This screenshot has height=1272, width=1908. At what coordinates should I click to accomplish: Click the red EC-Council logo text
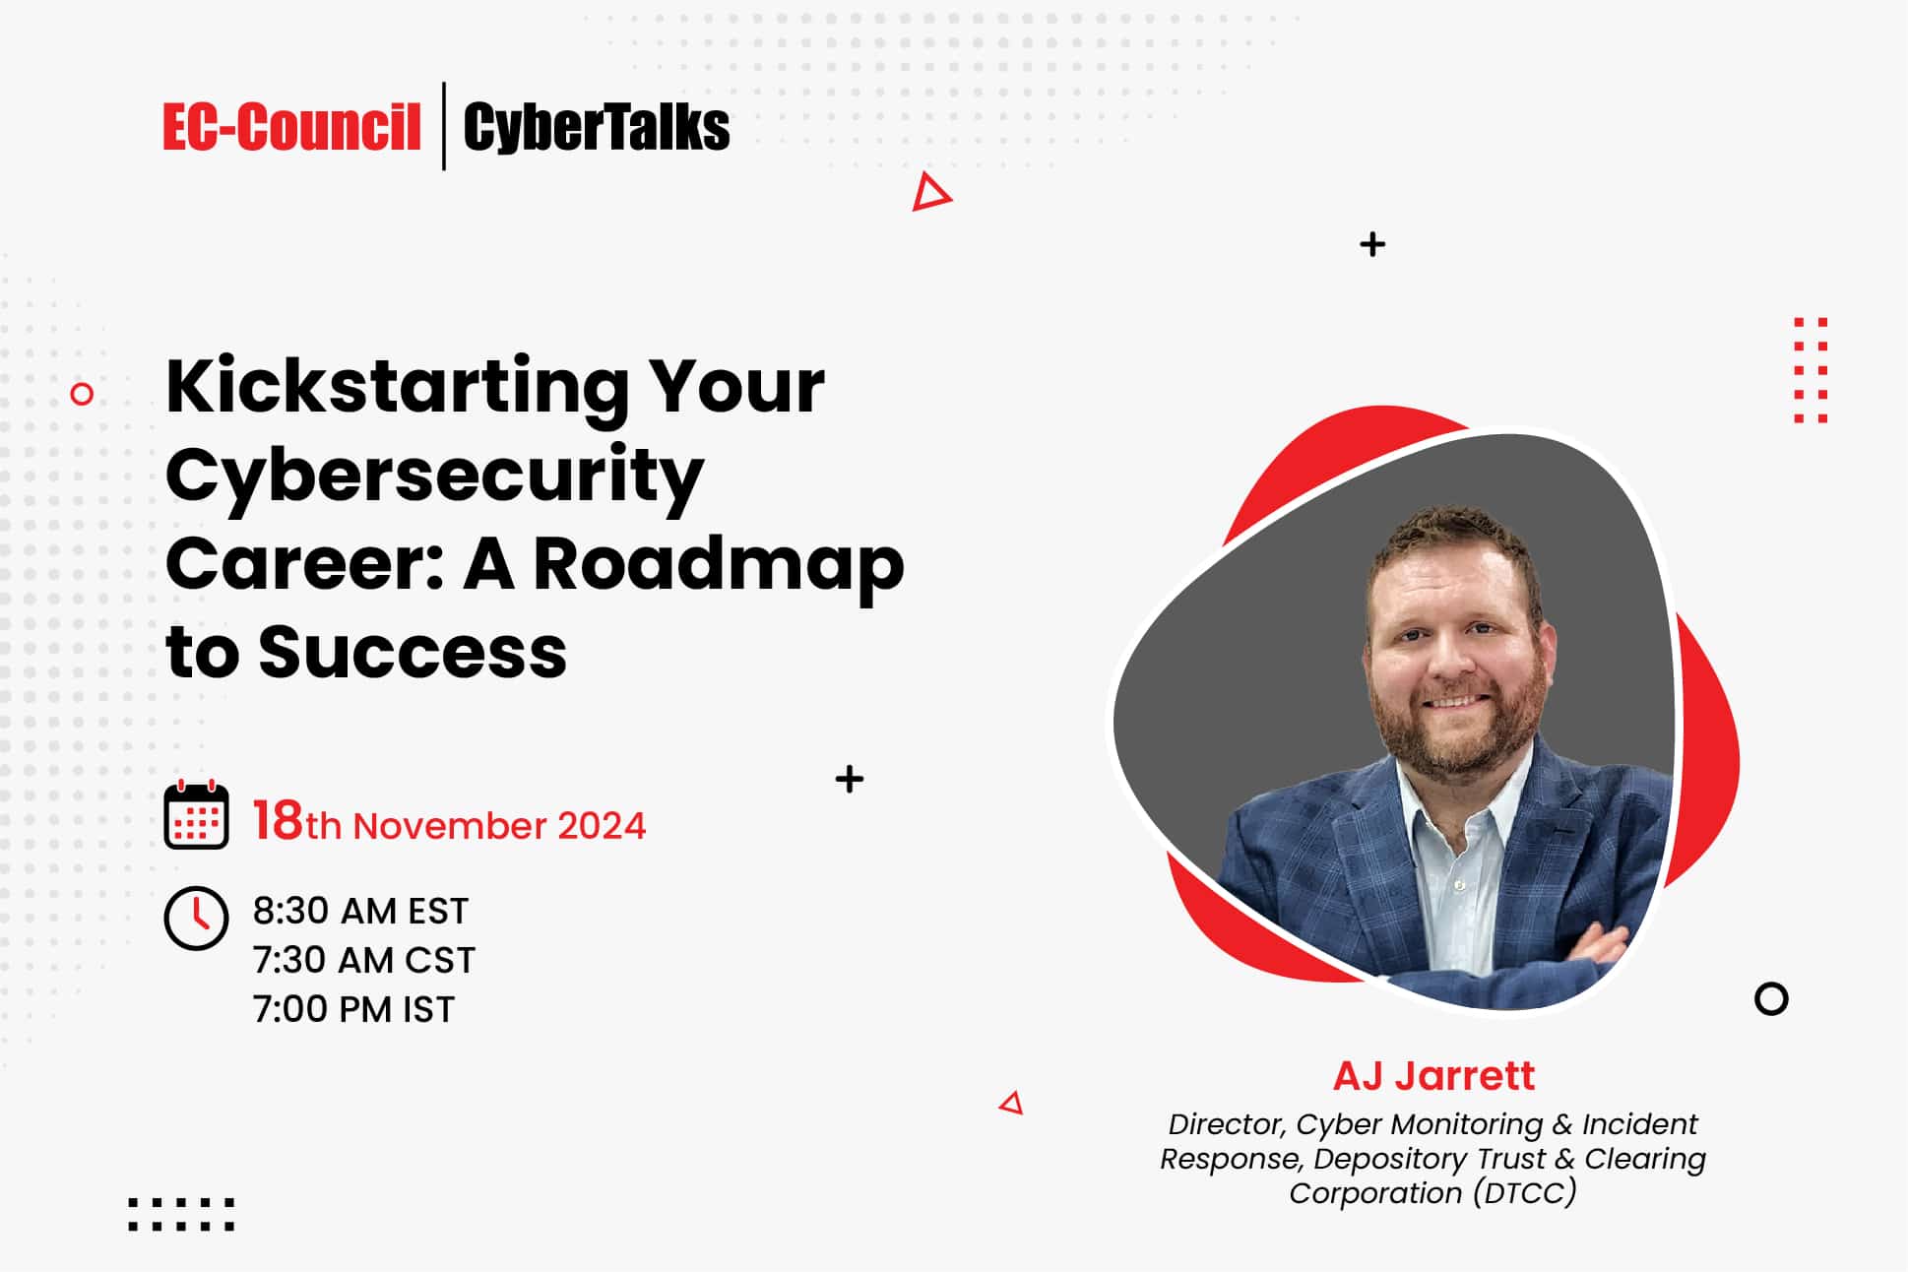[x=291, y=127]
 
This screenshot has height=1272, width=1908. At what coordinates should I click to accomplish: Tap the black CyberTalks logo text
[x=597, y=127]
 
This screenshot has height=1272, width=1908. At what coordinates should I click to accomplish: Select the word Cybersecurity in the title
[x=434, y=476]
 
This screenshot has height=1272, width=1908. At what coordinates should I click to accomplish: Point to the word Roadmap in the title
[x=718, y=564]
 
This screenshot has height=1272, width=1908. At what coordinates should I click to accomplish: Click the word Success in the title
[x=413, y=653]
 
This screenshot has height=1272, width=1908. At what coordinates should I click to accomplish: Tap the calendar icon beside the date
[x=196, y=815]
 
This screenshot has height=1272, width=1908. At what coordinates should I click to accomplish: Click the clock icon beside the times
[x=196, y=919]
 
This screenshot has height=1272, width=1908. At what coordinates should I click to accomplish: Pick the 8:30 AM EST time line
[x=360, y=911]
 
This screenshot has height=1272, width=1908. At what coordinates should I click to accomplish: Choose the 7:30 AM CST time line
[x=363, y=960]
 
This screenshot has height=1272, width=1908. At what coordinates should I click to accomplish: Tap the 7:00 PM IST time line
[x=353, y=1009]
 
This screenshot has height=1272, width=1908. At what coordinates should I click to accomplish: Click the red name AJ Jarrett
[x=1433, y=1075]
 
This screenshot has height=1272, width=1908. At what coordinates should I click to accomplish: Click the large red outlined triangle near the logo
[x=928, y=192]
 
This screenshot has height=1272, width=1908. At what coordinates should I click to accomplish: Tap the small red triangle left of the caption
[x=1012, y=1103]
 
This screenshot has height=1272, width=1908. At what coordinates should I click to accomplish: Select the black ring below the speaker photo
[x=1771, y=999]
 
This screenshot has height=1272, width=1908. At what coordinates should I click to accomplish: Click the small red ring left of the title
[x=83, y=394]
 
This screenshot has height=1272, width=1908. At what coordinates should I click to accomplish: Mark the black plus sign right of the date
[x=849, y=780]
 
